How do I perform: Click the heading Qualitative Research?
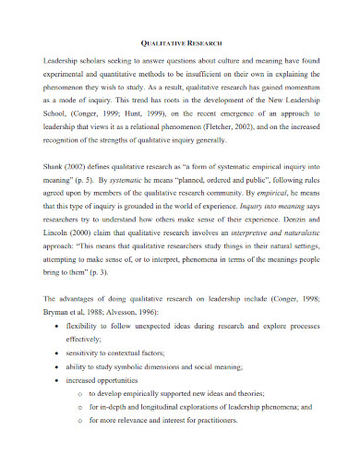pyautogui.click(x=180, y=42)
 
